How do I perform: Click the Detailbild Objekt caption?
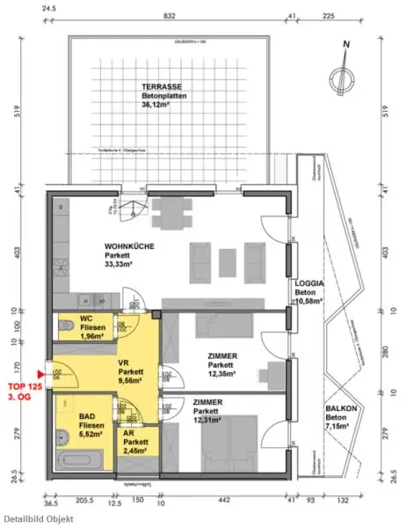tap(37, 519)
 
